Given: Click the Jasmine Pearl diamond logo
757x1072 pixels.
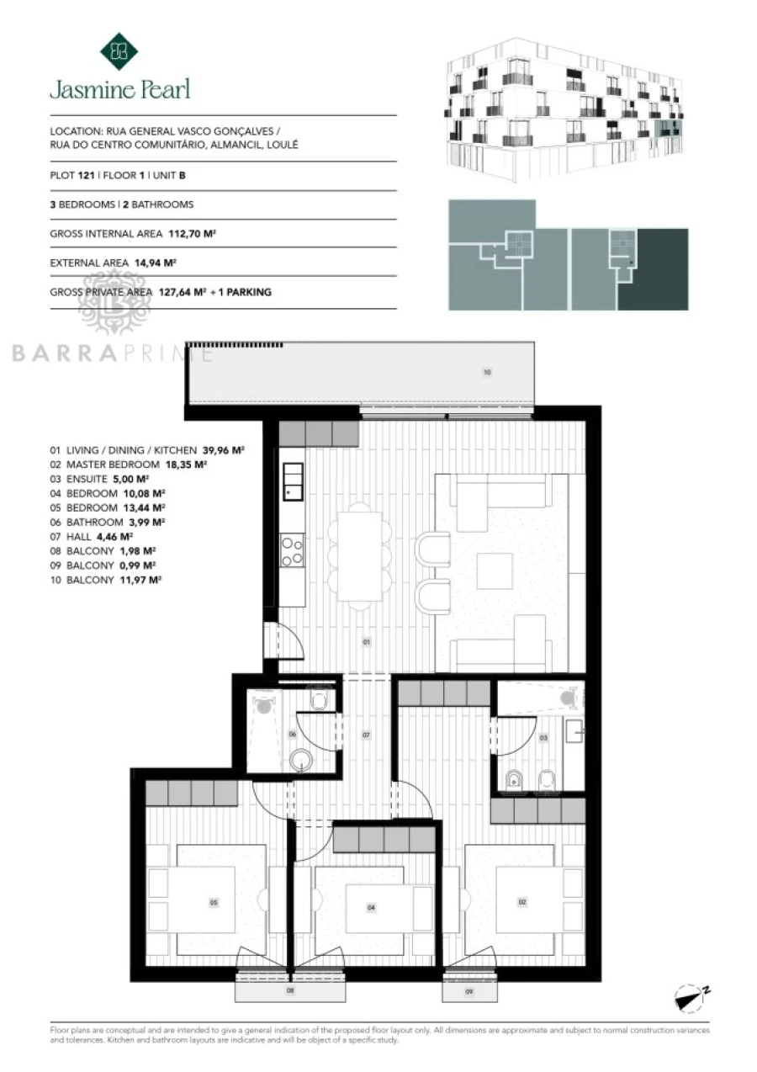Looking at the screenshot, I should click(119, 51).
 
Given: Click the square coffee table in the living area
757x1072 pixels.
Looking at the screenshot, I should click(495, 572).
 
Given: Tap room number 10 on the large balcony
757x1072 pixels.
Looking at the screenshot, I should click(486, 371).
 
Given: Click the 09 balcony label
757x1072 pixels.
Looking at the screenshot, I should click(468, 992).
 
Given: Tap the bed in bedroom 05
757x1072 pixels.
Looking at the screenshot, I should click(213, 903).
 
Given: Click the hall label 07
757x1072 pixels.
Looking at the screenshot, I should click(366, 735).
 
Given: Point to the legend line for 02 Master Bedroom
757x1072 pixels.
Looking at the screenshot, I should click(128, 464).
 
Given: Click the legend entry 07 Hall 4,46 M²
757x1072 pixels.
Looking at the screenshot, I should click(91, 536).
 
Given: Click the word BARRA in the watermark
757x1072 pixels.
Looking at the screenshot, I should click(55, 354).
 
